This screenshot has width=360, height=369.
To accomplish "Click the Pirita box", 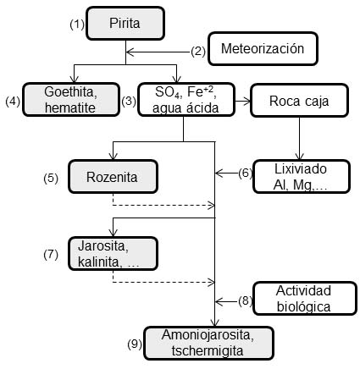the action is [125, 23].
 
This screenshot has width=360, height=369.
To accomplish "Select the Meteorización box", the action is [263, 48].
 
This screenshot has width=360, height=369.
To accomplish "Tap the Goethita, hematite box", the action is [71, 100].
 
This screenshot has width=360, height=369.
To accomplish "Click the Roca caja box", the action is [299, 101].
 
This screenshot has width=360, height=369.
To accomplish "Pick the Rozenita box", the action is [113, 177].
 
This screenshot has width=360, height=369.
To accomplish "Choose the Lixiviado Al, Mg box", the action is [302, 177].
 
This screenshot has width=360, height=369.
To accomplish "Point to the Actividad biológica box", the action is [305, 298].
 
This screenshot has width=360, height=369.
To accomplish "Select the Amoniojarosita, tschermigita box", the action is [209, 343].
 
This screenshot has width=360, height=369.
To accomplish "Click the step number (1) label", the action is [77, 25].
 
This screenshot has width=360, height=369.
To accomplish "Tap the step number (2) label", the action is [198, 52].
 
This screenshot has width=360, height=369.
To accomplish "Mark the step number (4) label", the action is [13, 102].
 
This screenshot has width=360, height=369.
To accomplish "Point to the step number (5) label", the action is [51, 179].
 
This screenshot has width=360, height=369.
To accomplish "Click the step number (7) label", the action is [51, 255].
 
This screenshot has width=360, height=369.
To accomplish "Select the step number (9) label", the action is [135, 344].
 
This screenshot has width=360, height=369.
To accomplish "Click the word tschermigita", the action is [208, 351].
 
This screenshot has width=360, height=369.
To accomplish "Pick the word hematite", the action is [70, 107].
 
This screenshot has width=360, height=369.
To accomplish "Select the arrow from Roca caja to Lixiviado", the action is [300, 138].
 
